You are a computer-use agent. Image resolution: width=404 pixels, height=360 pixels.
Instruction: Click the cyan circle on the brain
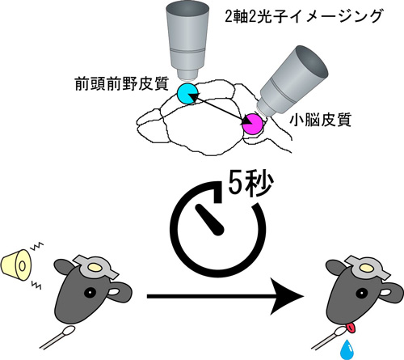(187, 94)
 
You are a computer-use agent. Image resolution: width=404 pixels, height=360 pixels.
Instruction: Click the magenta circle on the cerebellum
(252, 124)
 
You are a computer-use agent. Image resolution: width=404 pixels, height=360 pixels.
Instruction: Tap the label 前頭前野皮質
(122, 84)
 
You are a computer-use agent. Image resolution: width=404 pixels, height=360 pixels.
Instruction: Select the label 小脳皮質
(321, 120)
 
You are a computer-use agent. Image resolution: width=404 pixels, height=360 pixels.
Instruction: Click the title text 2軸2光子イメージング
(304, 16)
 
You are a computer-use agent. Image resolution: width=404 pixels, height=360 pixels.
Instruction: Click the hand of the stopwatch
(210, 220)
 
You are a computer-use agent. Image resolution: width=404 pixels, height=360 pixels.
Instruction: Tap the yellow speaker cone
(17, 265)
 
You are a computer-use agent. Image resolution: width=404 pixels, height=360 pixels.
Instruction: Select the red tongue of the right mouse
(351, 328)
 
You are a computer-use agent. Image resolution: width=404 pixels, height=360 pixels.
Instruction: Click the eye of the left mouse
(90, 292)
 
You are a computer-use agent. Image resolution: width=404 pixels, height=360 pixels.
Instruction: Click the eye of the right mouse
(361, 292)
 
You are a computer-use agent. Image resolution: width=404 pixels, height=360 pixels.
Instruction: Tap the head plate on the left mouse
(95, 268)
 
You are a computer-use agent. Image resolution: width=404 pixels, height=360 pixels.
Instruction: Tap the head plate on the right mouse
(367, 268)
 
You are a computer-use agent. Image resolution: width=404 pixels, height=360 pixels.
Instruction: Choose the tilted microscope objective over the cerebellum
(292, 81)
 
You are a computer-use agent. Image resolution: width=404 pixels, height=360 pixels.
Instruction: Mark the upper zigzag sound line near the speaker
(38, 246)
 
